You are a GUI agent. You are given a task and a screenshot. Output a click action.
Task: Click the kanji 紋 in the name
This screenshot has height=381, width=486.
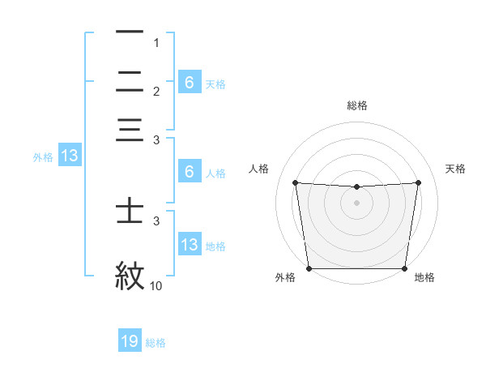[x=130, y=275]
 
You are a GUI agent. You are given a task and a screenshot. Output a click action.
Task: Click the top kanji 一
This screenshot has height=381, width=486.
[x=130, y=32]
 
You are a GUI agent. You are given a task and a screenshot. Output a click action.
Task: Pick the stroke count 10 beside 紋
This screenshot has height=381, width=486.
[x=156, y=285]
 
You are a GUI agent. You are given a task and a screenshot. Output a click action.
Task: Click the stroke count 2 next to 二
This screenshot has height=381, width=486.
[x=156, y=92]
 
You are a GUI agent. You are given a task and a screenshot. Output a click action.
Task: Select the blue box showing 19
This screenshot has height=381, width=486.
[x=130, y=341]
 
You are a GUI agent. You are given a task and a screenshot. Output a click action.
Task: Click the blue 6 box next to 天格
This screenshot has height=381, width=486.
[x=189, y=82]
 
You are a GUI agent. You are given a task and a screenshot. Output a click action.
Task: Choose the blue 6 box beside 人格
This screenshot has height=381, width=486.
[x=189, y=172]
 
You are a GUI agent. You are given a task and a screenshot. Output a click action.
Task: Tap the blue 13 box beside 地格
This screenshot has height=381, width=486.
[x=189, y=245]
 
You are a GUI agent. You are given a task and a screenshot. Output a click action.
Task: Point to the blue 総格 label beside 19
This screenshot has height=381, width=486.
[x=156, y=343]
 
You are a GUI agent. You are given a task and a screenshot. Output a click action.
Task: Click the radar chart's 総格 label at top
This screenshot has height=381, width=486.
[x=356, y=105]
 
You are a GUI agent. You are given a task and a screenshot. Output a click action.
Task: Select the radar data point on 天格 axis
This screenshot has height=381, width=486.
[x=418, y=182]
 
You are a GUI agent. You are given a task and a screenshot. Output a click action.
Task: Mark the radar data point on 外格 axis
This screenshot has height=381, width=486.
[x=309, y=268]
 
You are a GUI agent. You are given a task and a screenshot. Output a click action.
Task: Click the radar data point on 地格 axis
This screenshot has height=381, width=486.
[x=404, y=268]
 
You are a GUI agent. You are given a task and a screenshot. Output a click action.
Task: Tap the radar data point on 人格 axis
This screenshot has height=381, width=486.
[x=295, y=182]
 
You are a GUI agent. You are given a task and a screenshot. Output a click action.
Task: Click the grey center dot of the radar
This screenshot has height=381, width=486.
[x=356, y=203]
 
